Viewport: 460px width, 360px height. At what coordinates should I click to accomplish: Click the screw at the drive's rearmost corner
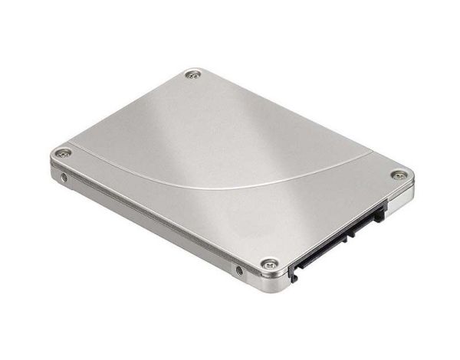click(x=193, y=74)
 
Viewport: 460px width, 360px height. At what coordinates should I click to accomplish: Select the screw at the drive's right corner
click(x=398, y=175)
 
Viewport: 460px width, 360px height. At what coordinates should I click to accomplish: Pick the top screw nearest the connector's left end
click(x=269, y=263)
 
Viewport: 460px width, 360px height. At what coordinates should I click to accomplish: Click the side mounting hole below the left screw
click(x=64, y=178)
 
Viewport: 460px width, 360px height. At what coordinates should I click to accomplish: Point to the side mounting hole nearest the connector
click(x=239, y=270)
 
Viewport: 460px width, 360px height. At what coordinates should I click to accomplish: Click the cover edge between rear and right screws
click(x=299, y=123)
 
